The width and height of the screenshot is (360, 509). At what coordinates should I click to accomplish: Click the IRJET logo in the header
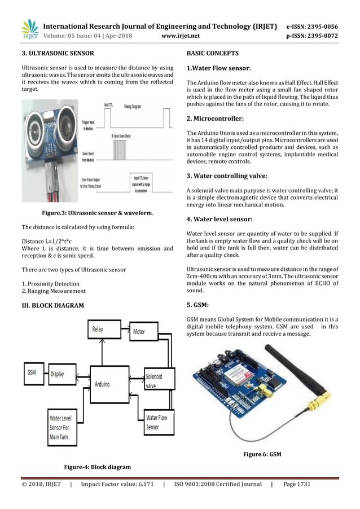(x=29, y=30)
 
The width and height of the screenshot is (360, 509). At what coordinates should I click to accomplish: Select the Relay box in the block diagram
(x=98, y=330)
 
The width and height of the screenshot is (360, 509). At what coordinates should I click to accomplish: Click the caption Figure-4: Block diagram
(x=97, y=467)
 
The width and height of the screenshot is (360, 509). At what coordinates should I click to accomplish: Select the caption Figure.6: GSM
(x=262, y=454)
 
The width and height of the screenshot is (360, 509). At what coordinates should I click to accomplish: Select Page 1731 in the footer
(x=297, y=484)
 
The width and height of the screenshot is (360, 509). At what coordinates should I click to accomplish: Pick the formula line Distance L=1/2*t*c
(x=50, y=242)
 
